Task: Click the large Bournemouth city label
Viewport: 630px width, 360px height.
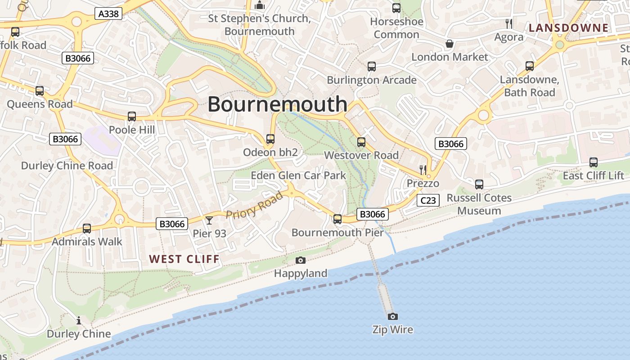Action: pyautogui.click(x=277, y=104)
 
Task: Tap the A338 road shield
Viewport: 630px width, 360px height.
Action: pyautogui.click(x=108, y=14)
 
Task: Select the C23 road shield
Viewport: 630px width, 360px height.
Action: pyautogui.click(x=427, y=200)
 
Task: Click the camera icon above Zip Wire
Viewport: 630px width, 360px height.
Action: pyautogui.click(x=393, y=316)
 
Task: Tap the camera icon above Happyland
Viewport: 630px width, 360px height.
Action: pyautogui.click(x=301, y=260)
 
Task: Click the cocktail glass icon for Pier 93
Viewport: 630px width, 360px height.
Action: pyautogui.click(x=209, y=220)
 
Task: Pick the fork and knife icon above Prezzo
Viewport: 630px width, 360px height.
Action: pyautogui.click(x=423, y=170)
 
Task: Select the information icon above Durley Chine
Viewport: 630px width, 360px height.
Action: pyautogui.click(x=79, y=320)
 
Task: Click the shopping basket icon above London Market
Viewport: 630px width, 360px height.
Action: pyautogui.click(x=449, y=44)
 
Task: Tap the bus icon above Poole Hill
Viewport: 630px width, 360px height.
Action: pyautogui.click(x=132, y=117)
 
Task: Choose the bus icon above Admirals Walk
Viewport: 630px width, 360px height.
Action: pyautogui.click(x=87, y=229)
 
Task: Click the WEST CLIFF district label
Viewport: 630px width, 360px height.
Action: pyautogui.click(x=184, y=259)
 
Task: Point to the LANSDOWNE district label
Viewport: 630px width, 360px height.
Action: pyautogui.click(x=568, y=28)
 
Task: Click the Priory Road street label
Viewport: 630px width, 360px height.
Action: pyautogui.click(x=254, y=205)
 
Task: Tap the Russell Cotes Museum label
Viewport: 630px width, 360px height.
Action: pyautogui.click(x=479, y=204)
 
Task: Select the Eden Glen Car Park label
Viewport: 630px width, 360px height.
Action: pyautogui.click(x=298, y=175)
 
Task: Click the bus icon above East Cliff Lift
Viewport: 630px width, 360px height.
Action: pyautogui.click(x=594, y=162)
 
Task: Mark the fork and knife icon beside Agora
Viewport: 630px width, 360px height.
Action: pyautogui.click(x=509, y=24)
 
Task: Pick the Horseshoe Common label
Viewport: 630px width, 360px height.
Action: pyautogui.click(x=396, y=28)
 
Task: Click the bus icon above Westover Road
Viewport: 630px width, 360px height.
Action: pyautogui.click(x=361, y=142)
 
